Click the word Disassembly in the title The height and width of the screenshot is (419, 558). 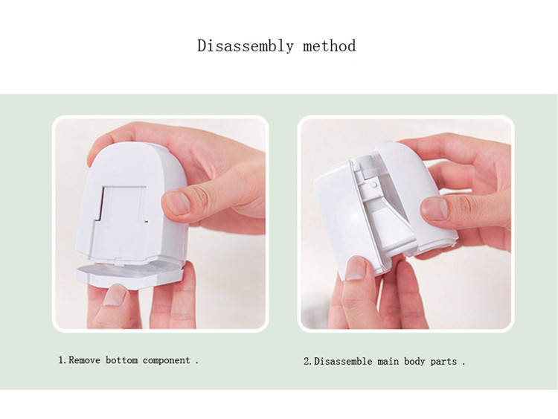(x=246, y=46)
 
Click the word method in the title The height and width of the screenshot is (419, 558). (x=329, y=46)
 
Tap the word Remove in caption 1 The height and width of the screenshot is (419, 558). (x=84, y=360)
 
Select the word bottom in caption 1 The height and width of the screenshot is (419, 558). (x=122, y=360)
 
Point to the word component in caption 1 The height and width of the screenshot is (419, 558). (x=166, y=361)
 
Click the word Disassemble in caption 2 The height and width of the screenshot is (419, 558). (x=343, y=362)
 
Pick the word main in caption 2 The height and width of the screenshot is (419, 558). (x=388, y=362)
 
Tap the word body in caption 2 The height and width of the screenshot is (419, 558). (x=414, y=362)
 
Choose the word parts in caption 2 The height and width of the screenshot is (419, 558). (x=443, y=362)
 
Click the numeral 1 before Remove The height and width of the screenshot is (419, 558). (x=61, y=360)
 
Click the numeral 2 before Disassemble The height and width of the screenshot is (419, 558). (x=307, y=362)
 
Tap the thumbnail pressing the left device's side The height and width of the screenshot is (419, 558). (x=177, y=202)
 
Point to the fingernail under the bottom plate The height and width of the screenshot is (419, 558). (x=115, y=295)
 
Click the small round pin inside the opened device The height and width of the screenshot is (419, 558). (x=373, y=184)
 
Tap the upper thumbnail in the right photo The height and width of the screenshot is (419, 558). (x=434, y=208)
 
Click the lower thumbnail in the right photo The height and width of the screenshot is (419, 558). (x=356, y=268)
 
